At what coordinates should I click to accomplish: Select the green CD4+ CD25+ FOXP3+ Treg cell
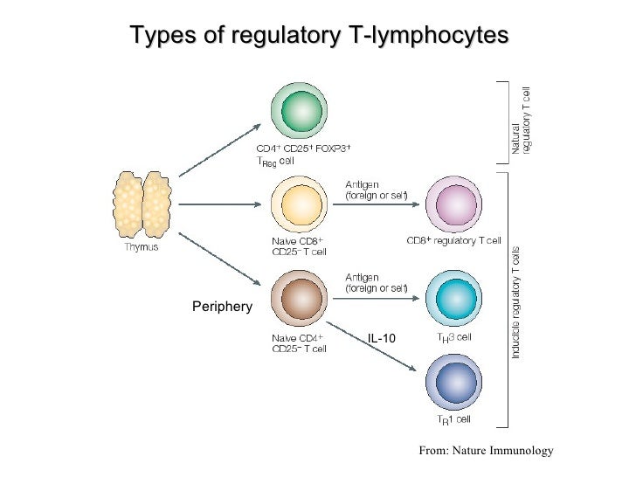tap(299, 111)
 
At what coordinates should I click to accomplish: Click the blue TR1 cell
tap(453, 382)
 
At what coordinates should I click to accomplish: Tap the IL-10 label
tap(382, 338)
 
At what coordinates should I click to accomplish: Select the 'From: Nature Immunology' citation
tap(486, 450)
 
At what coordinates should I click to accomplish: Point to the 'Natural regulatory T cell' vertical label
tap(521, 123)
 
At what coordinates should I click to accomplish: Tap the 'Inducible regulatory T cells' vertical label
tap(515, 302)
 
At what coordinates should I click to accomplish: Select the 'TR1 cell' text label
tap(453, 419)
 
